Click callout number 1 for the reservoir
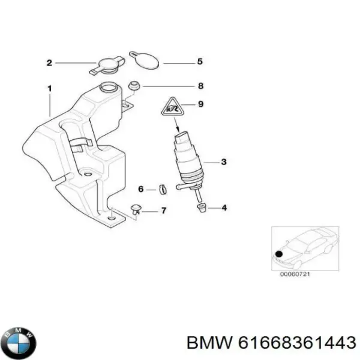coord(50,89)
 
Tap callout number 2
coord(49,63)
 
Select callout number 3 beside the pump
coord(224,162)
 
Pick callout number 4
coord(224,208)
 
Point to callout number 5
coord(200,62)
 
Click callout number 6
coord(141,189)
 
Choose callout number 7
coord(163,211)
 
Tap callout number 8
coord(200,86)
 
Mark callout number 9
coord(200,104)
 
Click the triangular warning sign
coord(173,107)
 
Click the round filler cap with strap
coord(107,65)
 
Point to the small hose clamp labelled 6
coord(163,190)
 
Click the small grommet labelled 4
coord(202,208)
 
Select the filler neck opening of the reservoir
coord(109,87)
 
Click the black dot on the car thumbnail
coord(279,254)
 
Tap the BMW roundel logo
coord(20,343)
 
